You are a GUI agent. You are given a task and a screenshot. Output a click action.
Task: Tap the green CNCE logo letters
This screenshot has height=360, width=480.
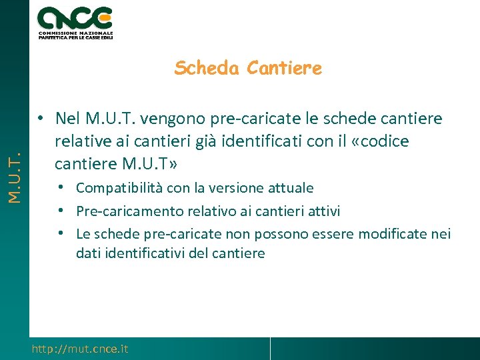(x=75, y=17)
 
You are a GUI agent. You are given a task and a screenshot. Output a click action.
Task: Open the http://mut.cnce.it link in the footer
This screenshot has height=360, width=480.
(x=80, y=349)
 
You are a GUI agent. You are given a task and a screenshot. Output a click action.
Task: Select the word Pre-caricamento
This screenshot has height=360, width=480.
(x=127, y=211)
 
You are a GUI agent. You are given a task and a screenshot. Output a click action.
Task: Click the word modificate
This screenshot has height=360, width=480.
(x=397, y=234)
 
